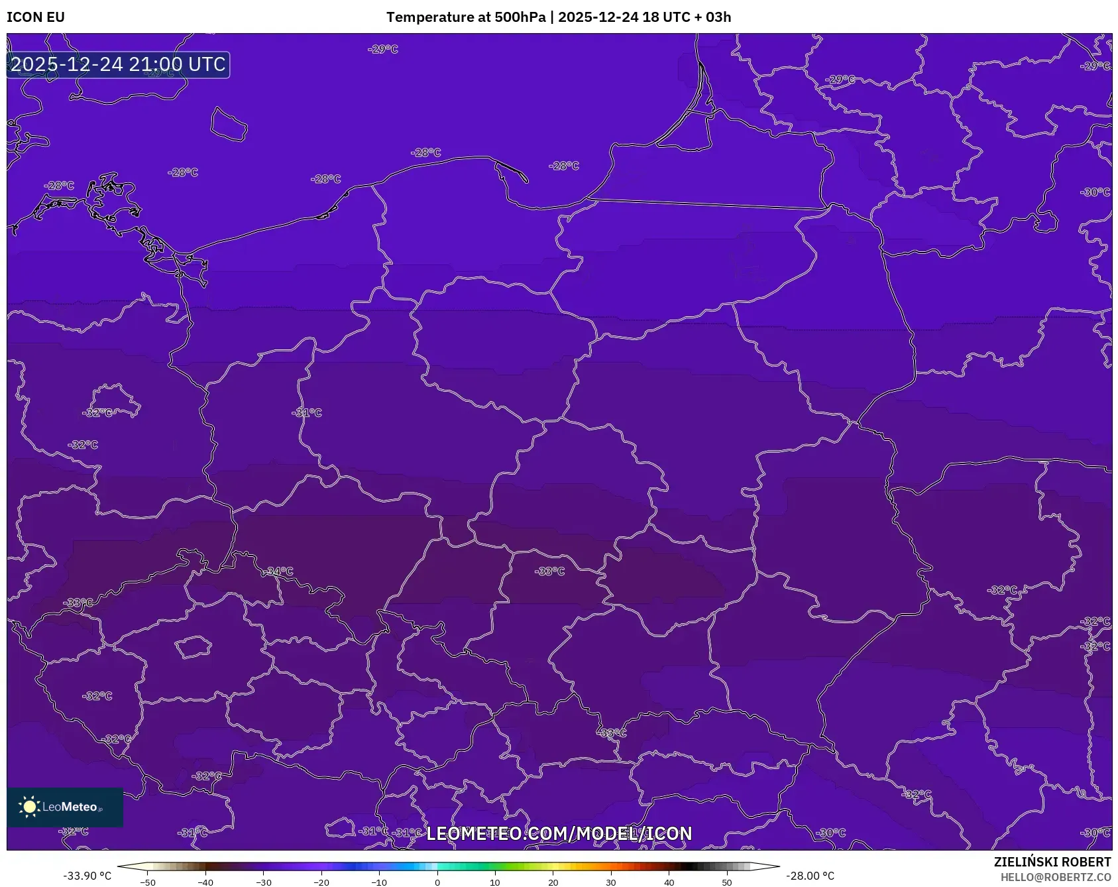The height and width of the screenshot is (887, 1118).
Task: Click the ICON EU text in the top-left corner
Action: [x=36, y=17]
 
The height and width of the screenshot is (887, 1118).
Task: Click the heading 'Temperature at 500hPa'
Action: [x=467, y=17]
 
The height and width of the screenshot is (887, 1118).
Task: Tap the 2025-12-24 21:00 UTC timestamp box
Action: [x=118, y=64]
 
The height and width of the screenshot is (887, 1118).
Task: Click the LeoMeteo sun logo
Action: [x=30, y=807]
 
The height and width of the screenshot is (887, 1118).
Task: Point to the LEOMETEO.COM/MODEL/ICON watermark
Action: [x=559, y=833]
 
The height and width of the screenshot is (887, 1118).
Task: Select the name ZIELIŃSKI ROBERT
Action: [x=1052, y=862]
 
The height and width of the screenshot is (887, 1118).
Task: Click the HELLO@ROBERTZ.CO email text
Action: [x=1055, y=877]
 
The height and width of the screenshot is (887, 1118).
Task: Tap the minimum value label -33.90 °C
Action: [x=87, y=876]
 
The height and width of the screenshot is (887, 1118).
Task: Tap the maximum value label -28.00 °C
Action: [x=810, y=876]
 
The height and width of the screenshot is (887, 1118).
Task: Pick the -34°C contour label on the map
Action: [x=279, y=571]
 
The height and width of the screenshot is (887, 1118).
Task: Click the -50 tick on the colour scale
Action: [x=148, y=882]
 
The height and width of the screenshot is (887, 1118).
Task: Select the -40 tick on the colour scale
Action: [x=205, y=882]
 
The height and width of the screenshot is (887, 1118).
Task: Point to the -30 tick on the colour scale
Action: [x=264, y=882]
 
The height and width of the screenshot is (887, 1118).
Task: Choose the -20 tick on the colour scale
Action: [x=321, y=882]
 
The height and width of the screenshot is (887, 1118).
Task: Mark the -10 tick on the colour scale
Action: [x=379, y=882]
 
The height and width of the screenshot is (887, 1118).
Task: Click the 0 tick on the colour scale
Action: [x=437, y=882]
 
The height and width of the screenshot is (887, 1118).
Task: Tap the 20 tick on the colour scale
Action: [x=553, y=882]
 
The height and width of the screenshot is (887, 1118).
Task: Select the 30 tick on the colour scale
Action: [x=611, y=882]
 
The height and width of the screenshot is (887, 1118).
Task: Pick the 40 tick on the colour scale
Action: [x=669, y=882]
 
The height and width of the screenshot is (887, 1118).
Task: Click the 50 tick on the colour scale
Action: [x=727, y=882]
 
